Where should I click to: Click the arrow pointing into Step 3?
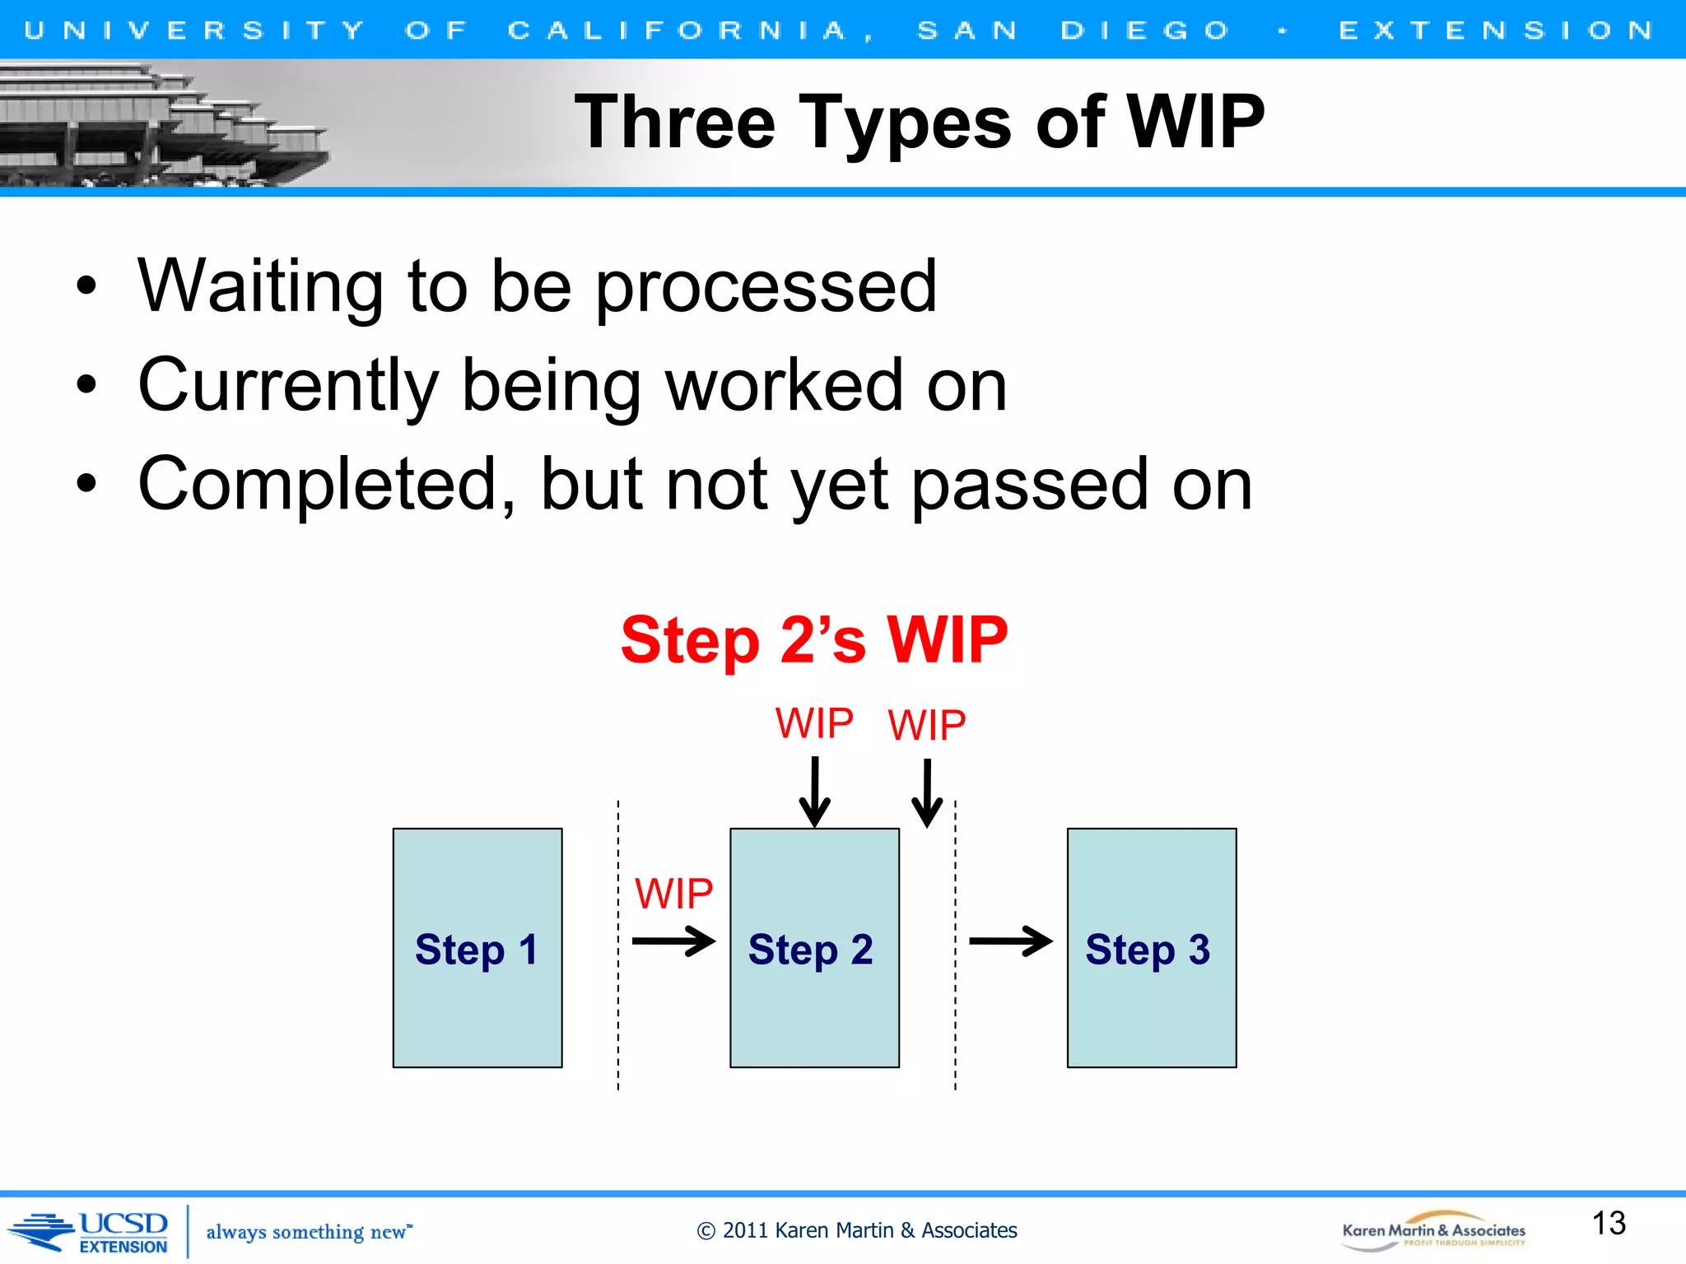click(1010, 941)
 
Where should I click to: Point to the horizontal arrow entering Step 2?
click(673, 941)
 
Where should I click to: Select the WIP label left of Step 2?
click(673, 894)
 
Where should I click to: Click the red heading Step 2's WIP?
click(813, 640)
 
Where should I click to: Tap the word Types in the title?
click(905, 123)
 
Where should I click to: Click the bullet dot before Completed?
click(86, 485)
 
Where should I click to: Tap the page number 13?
click(1608, 1224)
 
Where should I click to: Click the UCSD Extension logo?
click(91, 1232)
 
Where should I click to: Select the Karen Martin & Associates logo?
click(1433, 1231)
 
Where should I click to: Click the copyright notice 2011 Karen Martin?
click(857, 1230)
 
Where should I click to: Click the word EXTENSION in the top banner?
click(1495, 30)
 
